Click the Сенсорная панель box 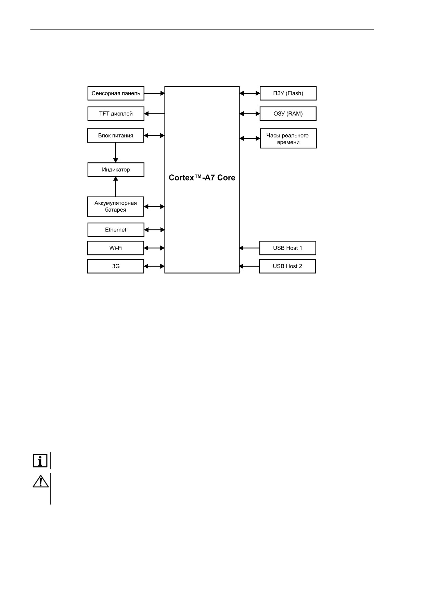point(116,93)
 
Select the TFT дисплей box point(116,114)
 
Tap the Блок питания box point(116,135)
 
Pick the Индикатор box point(116,170)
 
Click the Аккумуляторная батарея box point(116,207)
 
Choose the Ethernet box point(116,230)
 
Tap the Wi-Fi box point(116,248)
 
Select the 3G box point(116,266)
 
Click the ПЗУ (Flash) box point(288,93)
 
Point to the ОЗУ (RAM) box point(288,114)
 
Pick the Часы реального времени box point(288,138)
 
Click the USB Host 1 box point(287,248)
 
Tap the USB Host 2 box point(287,266)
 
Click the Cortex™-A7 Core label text point(202,178)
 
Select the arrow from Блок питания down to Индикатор point(116,152)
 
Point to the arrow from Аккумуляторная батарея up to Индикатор point(116,187)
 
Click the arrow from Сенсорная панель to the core point(154,93)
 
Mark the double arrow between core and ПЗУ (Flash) point(249,93)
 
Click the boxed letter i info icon point(40,461)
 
